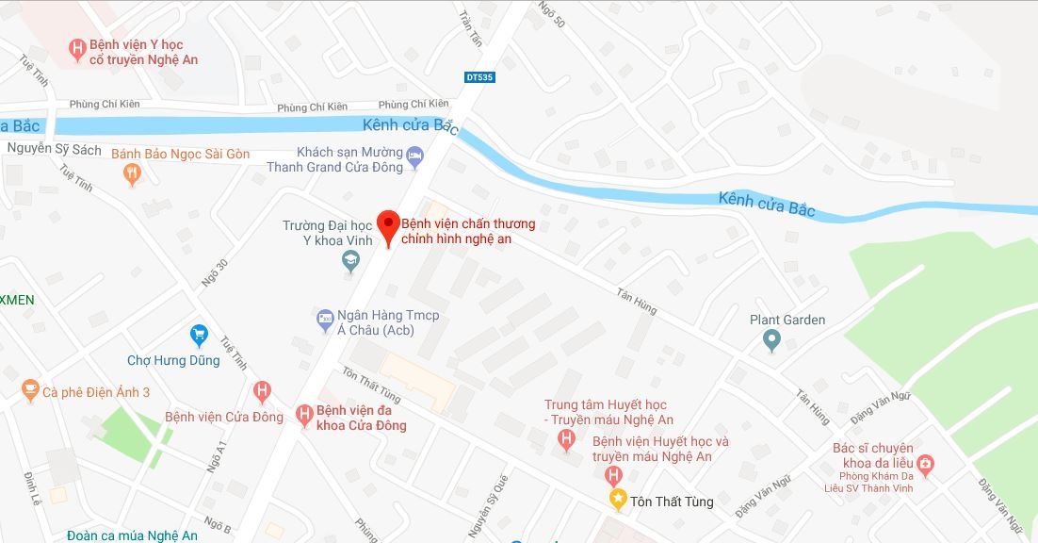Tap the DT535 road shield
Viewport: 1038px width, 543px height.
pos(478,77)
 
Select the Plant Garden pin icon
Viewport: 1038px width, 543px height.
pos(771,339)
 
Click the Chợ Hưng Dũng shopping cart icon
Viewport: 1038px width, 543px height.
pos(199,335)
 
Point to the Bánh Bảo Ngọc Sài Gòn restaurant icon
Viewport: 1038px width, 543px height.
pos(132,173)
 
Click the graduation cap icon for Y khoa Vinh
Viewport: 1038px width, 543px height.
pos(350,261)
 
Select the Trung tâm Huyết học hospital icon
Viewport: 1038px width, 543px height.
pos(566,439)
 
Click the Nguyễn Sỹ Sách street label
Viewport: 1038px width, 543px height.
pos(53,148)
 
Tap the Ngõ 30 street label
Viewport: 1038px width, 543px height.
pos(215,273)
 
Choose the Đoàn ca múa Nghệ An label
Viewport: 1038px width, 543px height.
pos(132,535)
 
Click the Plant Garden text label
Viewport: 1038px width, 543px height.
pos(787,320)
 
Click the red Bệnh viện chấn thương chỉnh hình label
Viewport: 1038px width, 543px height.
pos(468,231)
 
